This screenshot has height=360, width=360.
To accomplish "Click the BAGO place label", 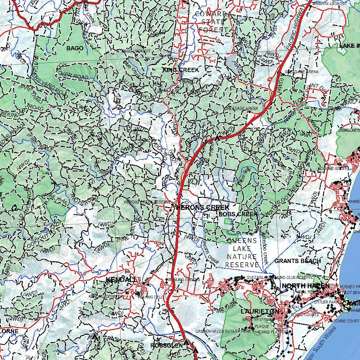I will (75, 48).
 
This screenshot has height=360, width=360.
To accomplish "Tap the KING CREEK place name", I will (181, 70).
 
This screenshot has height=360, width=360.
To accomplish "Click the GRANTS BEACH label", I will (297, 261).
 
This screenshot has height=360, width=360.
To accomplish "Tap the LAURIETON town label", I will (260, 311).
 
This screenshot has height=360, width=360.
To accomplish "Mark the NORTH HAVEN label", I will (306, 286).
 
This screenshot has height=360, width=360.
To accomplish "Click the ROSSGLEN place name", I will (167, 346).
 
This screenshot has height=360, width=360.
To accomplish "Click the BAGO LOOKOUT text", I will (136, 51).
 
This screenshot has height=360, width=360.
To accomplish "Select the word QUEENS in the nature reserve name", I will (242, 240).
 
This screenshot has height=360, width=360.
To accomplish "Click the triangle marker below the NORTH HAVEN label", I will (298, 298).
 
